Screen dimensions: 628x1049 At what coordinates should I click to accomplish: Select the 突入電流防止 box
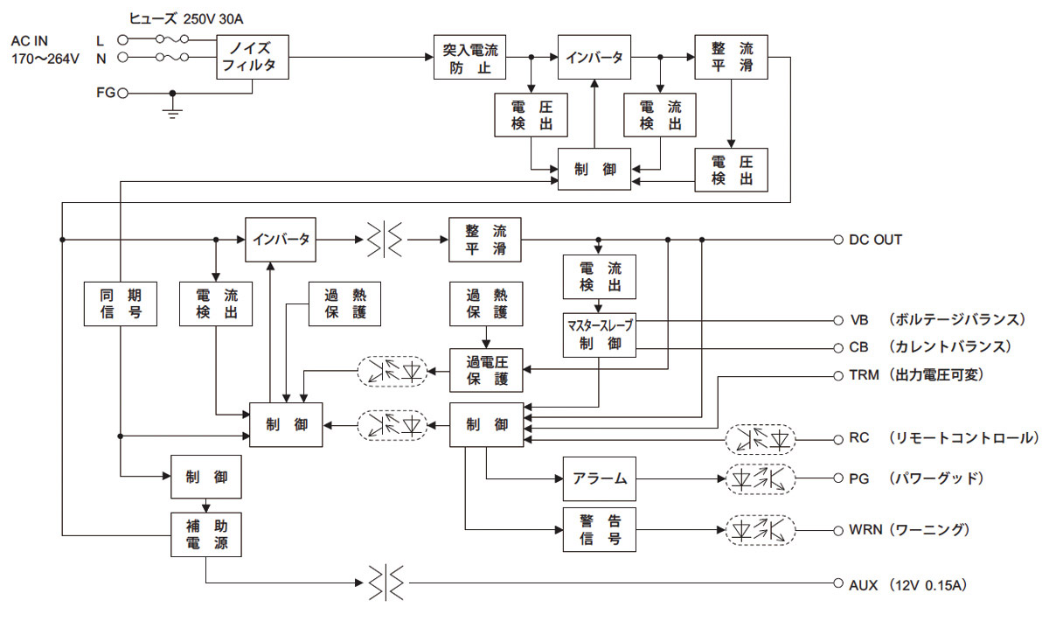pyautogui.click(x=471, y=58)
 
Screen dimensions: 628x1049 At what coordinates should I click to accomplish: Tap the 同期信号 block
pyautogui.click(x=121, y=304)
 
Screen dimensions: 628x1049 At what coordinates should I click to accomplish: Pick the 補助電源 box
pyautogui.click(x=206, y=534)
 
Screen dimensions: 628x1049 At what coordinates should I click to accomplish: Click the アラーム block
pyautogui.click(x=600, y=478)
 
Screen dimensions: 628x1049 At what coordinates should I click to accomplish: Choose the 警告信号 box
pyautogui.click(x=600, y=529)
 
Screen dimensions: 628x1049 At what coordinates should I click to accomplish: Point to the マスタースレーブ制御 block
pyautogui.click(x=600, y=333)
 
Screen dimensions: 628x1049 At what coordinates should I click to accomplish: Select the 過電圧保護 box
pyautogui.click(x=486, y=370)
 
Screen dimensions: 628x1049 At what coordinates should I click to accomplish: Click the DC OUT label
pyautogui.click(x=875, y=240)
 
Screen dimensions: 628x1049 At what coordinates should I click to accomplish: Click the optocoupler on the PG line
pyautogui.click(x=760, y=478)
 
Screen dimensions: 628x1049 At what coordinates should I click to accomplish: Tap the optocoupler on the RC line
pyautogui.click(x=760, y=436)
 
